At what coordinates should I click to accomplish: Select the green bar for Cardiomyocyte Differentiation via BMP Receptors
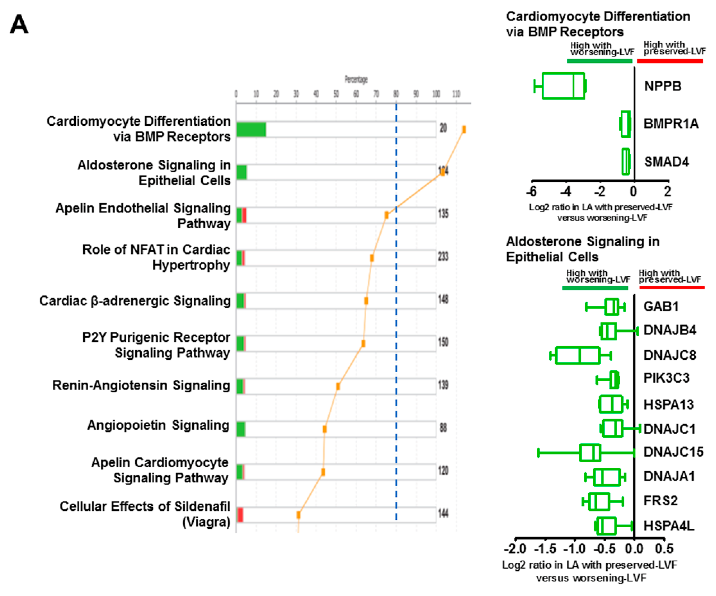click(x=251, y=129)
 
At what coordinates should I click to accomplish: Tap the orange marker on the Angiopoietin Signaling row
click(x=325, y=429)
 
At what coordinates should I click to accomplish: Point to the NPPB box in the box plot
click(x=563, y=86)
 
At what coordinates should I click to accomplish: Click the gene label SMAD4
click(x=666, y=162)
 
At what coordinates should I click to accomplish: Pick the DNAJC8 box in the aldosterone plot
click(x=577, y=355)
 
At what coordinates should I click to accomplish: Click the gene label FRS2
click(x=660, y=500)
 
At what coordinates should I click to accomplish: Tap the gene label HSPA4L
click(x=669, y=526)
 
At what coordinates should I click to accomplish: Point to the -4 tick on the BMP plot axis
click(x=566, y=192)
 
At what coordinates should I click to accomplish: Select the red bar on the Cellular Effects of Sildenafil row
click(x=240, y=515)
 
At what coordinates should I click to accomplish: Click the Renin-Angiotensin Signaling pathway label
click(x=141, y=385)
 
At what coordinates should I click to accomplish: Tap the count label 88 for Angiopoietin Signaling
click(x=443, y=428)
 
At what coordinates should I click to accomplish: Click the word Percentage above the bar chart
click(x=356, y=80)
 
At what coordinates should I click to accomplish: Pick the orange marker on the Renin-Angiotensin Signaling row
click(x=338, y=386)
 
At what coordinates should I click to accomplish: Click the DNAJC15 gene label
click(x=673, y=452)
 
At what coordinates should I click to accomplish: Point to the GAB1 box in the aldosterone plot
click(x=612, y=307)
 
